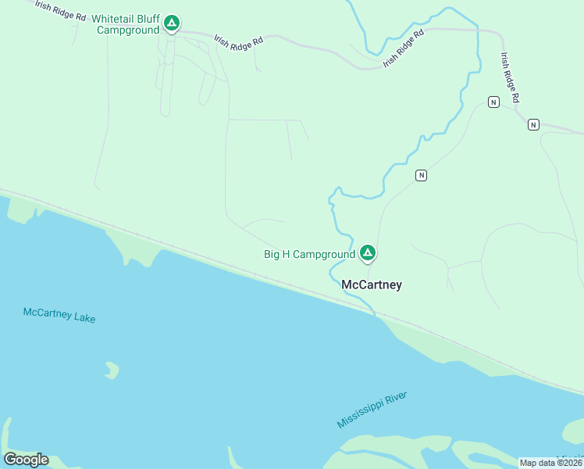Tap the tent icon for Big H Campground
pyautogui.click(x=368, y=252)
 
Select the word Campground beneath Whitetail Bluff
pyautogui.click(x=128, y=30)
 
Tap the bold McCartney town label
pyautogui.click(x=372, y=285)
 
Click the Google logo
pyautogui.click(x=26, y=459)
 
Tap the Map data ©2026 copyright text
pyautogui.click(x=550, y=463)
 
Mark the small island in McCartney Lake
pyautogui.click(x=112, y=370)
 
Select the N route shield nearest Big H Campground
pyautogui.click(x=421, y=175)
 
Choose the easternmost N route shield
pyautogui.click(x=533, y=124)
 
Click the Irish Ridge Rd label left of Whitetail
pyautogui.click(x=60, y=9)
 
